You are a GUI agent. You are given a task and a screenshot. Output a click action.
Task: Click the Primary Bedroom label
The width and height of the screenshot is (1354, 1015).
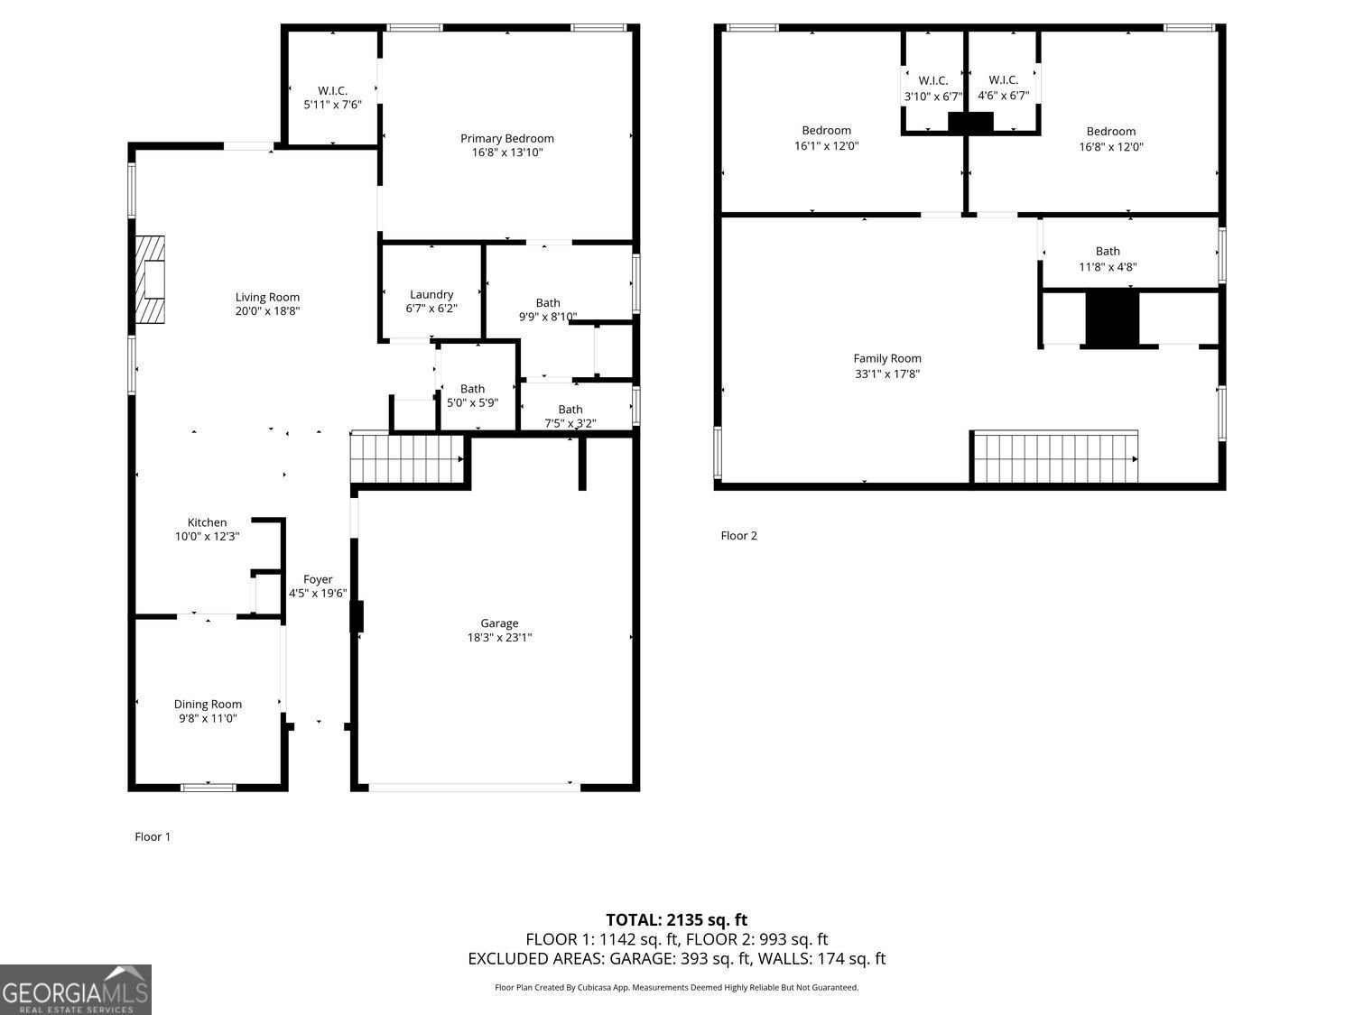(506, 138)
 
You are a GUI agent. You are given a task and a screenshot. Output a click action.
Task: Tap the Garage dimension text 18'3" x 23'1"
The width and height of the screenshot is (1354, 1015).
(499, 638)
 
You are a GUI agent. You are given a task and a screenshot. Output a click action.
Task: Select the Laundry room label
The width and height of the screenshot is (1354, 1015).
(431, 294)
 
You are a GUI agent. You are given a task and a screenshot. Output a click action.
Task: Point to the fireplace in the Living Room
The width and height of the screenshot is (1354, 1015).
(151, 280)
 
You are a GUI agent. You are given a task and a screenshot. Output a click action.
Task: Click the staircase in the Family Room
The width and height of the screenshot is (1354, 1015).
(1054, 457)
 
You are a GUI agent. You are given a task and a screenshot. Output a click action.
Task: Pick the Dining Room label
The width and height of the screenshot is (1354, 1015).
(208, 704)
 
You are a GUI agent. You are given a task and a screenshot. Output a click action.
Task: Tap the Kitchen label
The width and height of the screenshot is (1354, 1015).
(207, 522)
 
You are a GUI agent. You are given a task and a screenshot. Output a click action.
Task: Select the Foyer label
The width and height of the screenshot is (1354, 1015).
(318, 579)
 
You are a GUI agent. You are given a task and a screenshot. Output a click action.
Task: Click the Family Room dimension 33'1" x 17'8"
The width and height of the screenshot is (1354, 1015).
(887, 374)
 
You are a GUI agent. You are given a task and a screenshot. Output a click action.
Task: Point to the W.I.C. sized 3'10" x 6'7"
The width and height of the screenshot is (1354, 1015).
(933, 88)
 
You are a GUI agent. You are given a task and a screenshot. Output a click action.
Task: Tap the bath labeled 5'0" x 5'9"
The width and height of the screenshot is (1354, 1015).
(472, 396)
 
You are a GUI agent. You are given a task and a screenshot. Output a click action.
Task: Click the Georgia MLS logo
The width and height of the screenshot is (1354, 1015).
(76, 990)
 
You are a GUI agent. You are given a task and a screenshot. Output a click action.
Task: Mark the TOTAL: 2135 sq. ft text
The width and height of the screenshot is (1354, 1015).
(676, 920)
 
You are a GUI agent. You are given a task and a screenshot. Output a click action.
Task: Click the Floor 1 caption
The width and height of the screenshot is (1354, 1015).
(153, 836)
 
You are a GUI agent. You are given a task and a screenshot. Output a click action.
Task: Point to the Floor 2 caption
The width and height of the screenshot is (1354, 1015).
(738, 535)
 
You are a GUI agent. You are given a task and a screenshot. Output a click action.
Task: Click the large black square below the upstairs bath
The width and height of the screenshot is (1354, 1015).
(1112, 318)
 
